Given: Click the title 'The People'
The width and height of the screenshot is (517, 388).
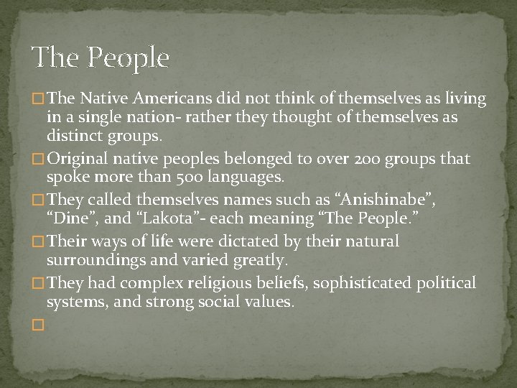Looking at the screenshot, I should pos(100,57).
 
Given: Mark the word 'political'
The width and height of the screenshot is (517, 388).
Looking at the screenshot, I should pos(445,284).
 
